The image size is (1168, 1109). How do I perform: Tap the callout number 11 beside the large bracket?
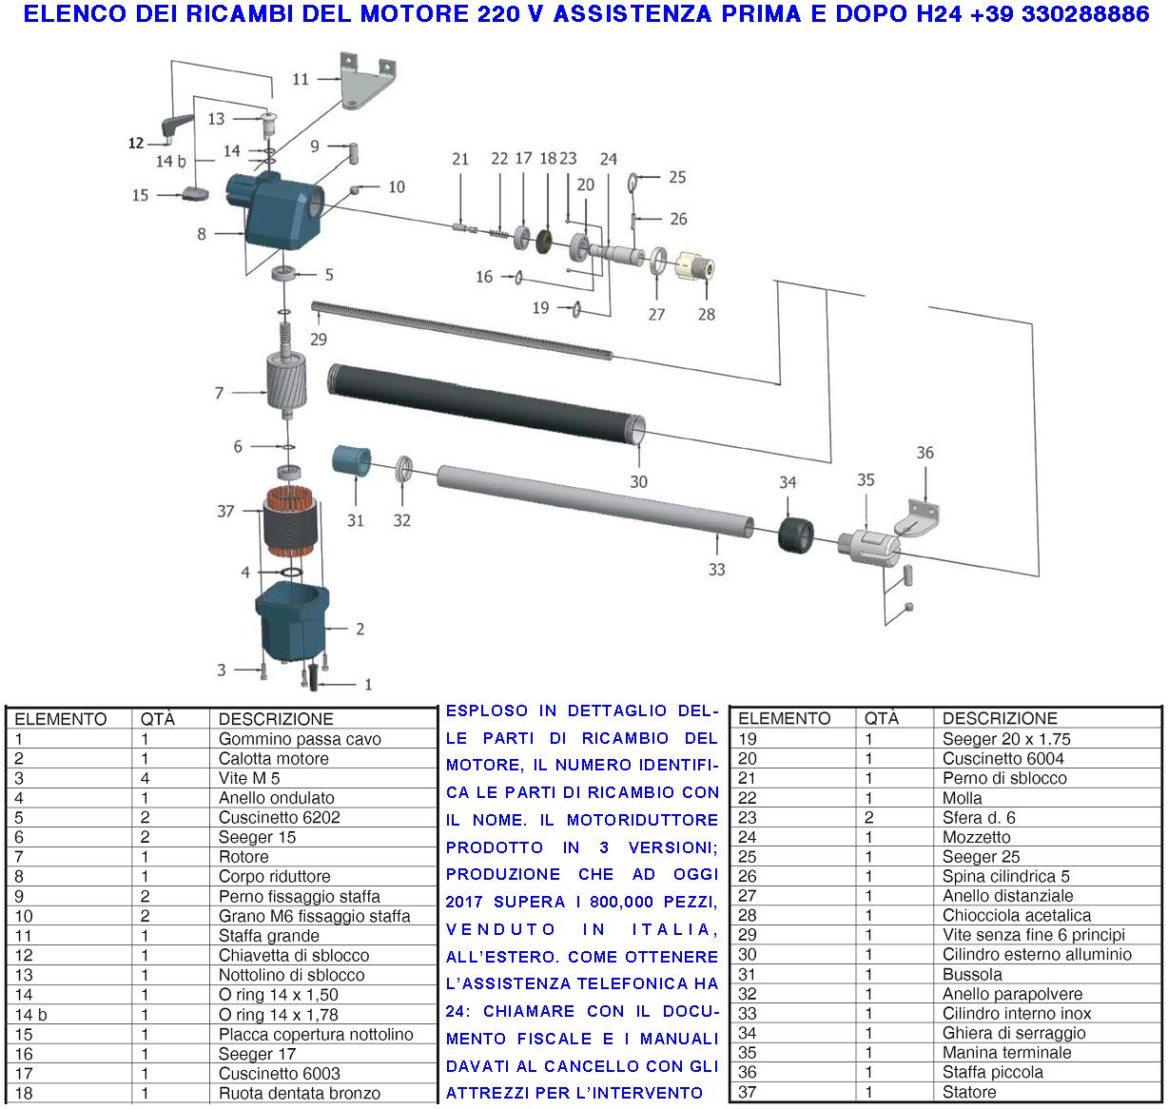tap(301, 79)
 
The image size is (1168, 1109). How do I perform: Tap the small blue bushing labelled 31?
tap(351, 460)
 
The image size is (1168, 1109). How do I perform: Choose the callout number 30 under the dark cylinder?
tap(638, 482)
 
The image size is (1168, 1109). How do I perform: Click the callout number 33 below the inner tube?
tap(716, 569)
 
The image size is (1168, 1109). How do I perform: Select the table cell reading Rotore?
tap(243, 857)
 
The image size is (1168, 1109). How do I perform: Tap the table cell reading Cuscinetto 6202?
tap(279, 818)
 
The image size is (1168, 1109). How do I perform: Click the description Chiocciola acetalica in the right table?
tap(1016, 916)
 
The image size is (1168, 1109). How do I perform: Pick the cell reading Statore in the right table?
tap(969, 1092)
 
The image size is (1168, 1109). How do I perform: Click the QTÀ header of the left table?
tap(158, 719)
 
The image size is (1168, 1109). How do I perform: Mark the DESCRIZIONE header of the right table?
tap(1000, 718)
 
